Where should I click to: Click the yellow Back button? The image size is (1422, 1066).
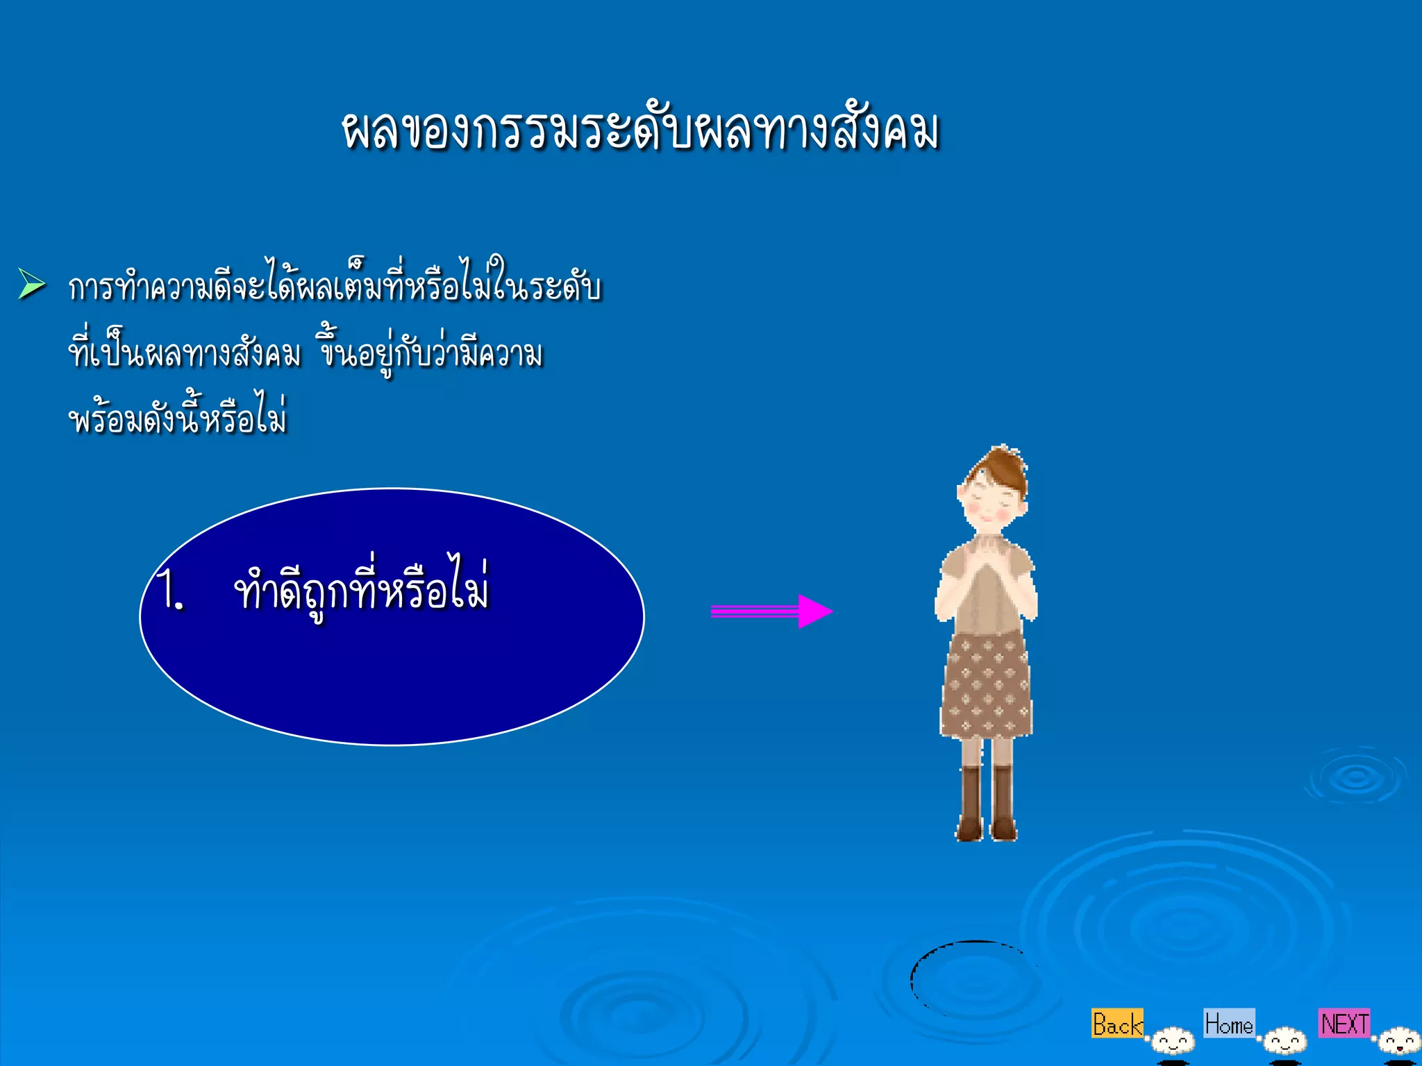click(1116, 1024)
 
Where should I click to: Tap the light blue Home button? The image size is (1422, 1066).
click(1228, 1023)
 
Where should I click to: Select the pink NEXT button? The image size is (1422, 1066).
click(1344, 1023)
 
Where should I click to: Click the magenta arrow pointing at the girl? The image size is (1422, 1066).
click(771, 611)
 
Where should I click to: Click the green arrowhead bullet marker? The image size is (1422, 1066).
click(31, 284)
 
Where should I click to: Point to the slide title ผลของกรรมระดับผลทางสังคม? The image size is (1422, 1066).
click(639, 130)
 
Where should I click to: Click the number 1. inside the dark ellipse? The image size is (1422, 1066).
click(171, 590)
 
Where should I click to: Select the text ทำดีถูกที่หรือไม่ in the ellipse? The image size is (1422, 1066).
click(362, 590)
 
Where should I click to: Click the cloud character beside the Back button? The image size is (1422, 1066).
click(1173, 1041)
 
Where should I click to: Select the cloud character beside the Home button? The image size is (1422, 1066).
click(1285, 1041)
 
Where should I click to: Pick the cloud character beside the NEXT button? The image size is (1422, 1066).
click(1399, 1041)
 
